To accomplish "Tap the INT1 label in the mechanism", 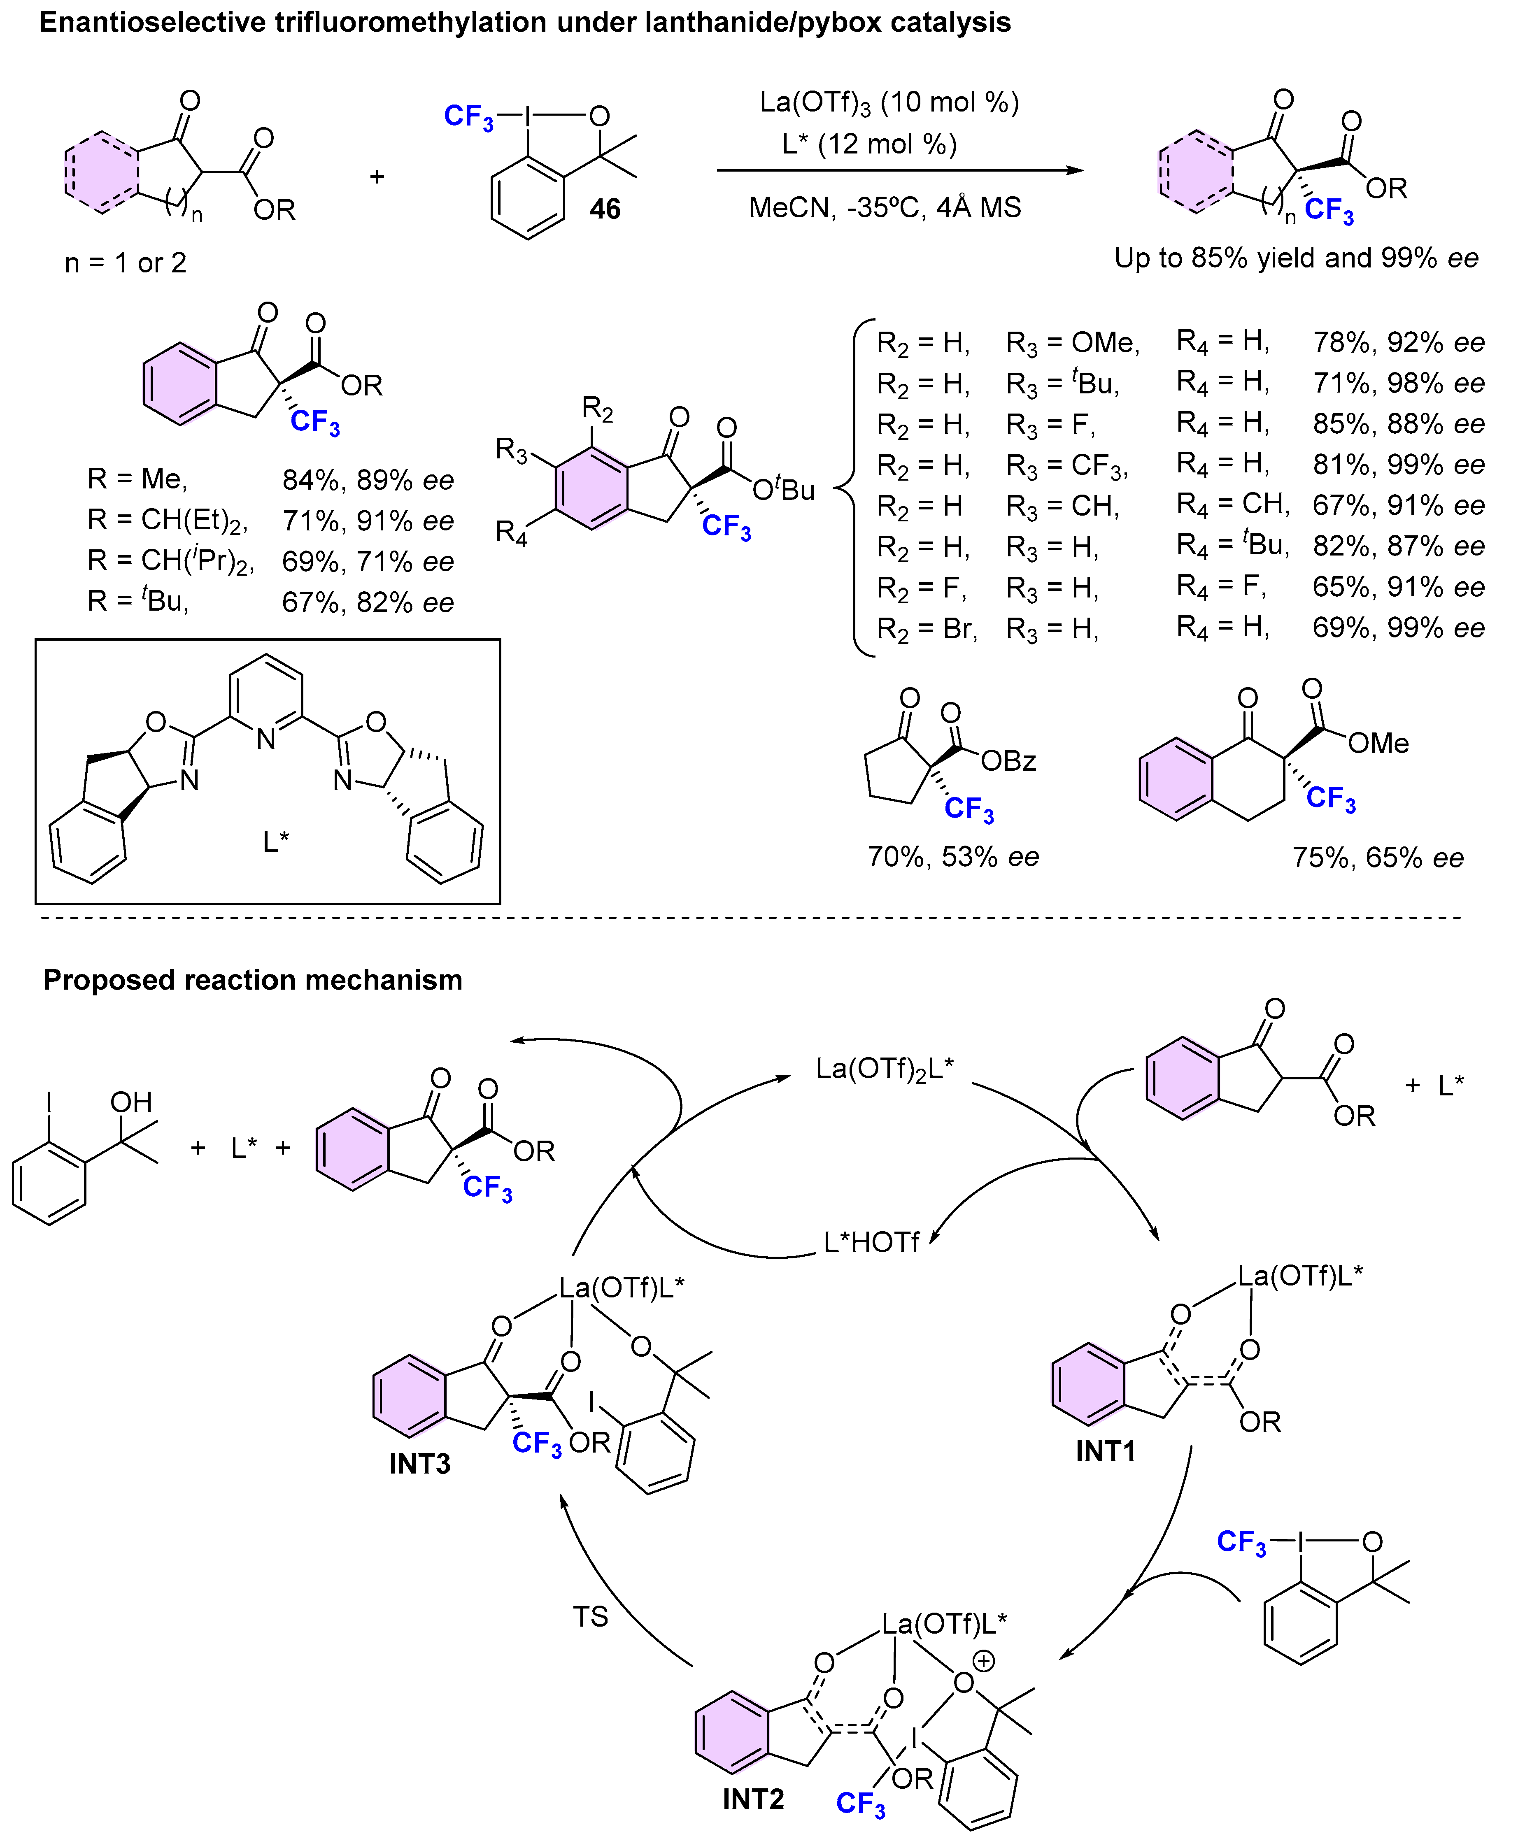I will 1105,1452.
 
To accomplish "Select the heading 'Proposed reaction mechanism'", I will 253,980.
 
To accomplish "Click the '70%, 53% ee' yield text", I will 953,857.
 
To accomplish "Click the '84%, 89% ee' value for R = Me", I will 367,480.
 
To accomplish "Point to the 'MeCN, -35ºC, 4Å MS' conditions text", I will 885,208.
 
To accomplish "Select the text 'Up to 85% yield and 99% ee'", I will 1296,258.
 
